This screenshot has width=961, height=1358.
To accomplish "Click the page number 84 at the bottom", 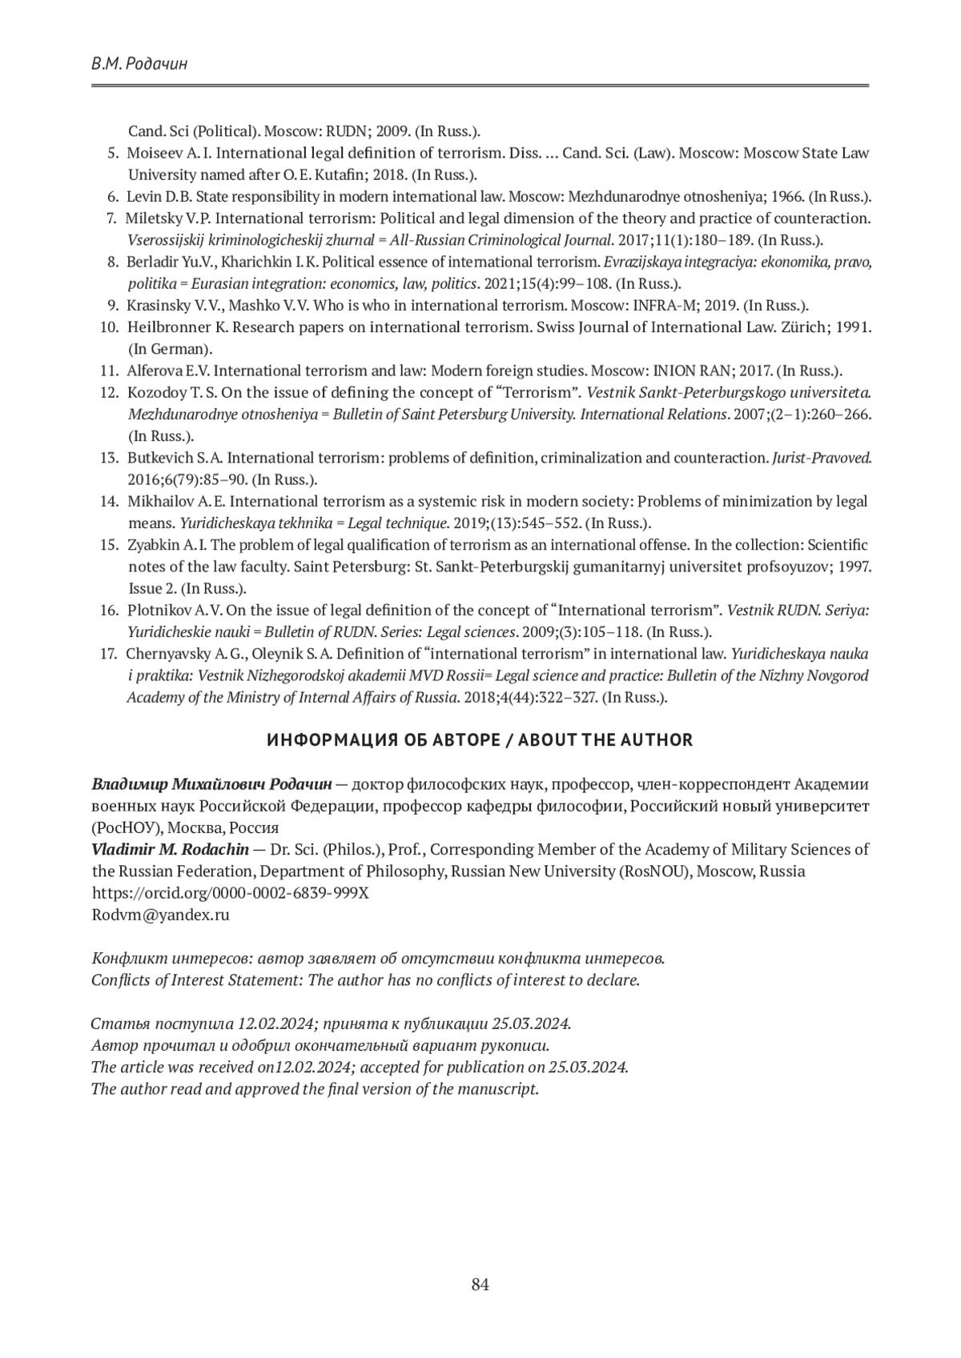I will [480, 1284].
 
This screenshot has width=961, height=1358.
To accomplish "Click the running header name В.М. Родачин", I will [139, 64].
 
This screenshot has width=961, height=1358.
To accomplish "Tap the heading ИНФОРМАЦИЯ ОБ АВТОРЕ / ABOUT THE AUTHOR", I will [480, 740].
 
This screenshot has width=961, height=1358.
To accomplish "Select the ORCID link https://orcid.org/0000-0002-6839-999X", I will [231, 893].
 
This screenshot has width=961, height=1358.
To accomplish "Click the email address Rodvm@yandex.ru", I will [161, 915].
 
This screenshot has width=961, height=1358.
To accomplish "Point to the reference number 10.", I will [109, 327].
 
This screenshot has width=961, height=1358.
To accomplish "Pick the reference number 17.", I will [109, 654].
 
